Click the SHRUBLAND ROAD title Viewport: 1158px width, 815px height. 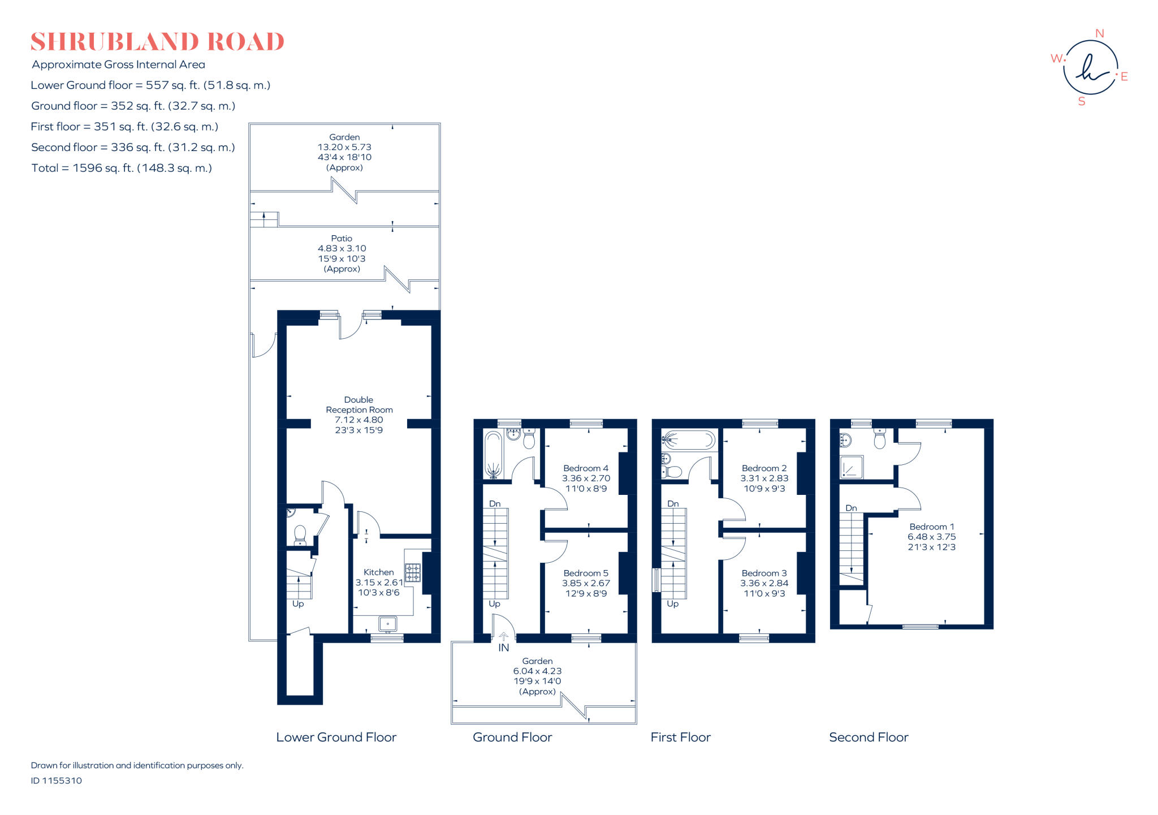[157, 42]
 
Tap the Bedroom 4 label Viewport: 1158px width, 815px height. [586, 468]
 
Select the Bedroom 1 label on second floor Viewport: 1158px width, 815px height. [931, 527]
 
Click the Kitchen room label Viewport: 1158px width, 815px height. [378, 572]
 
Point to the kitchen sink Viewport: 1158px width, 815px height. [388, 624]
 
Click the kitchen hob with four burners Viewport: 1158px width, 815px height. [413, 572]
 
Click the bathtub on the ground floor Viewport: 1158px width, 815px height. [493, 454]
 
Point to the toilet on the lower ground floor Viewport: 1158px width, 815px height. [300, 534]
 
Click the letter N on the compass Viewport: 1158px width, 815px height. [1099, 33]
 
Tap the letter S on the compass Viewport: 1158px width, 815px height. [1082, 102]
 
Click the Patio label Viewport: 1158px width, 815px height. [342, 239]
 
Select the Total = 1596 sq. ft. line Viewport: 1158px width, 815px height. [122, 168]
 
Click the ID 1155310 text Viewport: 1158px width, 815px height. [57, 780]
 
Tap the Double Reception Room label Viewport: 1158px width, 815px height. [359, 405]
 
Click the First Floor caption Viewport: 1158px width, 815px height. [680, 737]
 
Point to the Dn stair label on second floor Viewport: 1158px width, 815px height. [851, 508]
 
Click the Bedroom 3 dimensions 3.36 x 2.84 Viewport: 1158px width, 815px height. [764, 583]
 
